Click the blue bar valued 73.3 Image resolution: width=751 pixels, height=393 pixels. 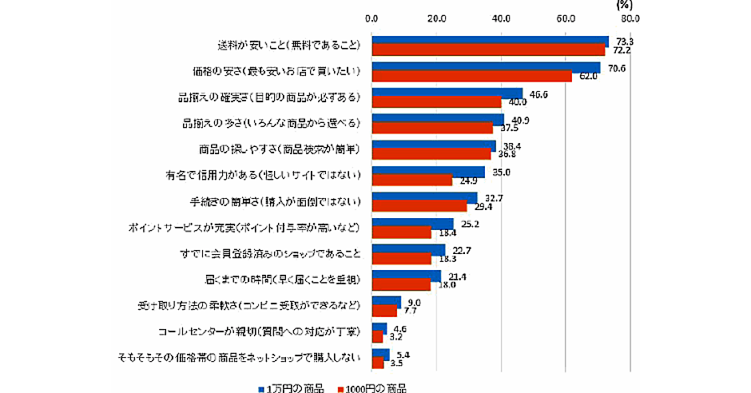(490, 42)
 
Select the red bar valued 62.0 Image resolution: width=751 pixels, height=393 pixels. (471, 77)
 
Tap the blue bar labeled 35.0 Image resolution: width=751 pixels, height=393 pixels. (427, 172)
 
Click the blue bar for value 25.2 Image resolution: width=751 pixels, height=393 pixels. (412, 224)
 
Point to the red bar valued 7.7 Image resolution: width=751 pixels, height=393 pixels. (384, 312)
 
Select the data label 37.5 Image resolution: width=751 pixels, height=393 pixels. (510, 129)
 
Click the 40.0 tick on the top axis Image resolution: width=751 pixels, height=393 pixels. (501, 17)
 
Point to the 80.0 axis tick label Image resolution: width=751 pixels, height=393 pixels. (630, 17)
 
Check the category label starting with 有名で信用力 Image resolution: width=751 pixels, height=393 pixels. (264, 175)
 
